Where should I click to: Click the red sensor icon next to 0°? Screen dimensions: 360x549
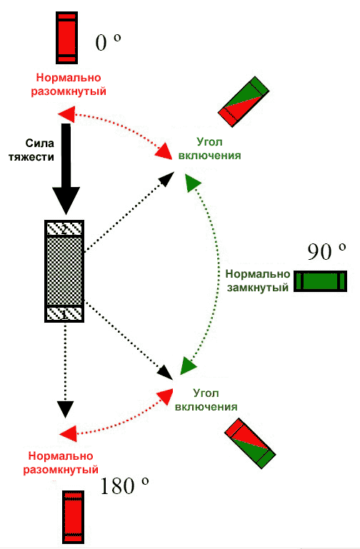[66, 38]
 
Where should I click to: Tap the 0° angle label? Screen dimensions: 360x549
[108, 43]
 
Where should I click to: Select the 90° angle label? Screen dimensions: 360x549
[326, 251]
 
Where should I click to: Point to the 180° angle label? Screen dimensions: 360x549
[124, 485]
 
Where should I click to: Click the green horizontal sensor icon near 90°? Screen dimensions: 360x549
[320, 281]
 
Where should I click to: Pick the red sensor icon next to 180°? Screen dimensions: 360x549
[73, 517]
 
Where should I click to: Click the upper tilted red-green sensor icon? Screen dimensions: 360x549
[244, 101]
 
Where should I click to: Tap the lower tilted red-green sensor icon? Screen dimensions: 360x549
[250, 443]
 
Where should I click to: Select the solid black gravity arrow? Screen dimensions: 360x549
[66, 168]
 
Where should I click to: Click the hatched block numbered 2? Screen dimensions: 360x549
[64, 229]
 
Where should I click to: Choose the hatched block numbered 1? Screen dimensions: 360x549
[64, 313]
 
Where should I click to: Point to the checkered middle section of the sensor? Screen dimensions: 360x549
[64, 271]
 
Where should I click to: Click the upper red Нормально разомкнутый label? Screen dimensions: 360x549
[69, 84]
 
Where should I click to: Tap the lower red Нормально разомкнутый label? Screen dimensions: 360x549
[61, 463]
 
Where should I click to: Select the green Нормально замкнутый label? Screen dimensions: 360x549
[258, 281]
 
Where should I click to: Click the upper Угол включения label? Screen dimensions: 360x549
[209, 148]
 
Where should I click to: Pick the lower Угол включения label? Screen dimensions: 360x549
[206, 400]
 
